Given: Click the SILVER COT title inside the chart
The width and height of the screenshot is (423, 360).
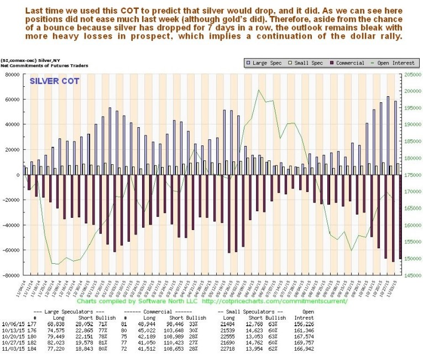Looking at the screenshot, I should tap(54, 81).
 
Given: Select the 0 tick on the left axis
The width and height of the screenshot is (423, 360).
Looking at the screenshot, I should tap(18, 175).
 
